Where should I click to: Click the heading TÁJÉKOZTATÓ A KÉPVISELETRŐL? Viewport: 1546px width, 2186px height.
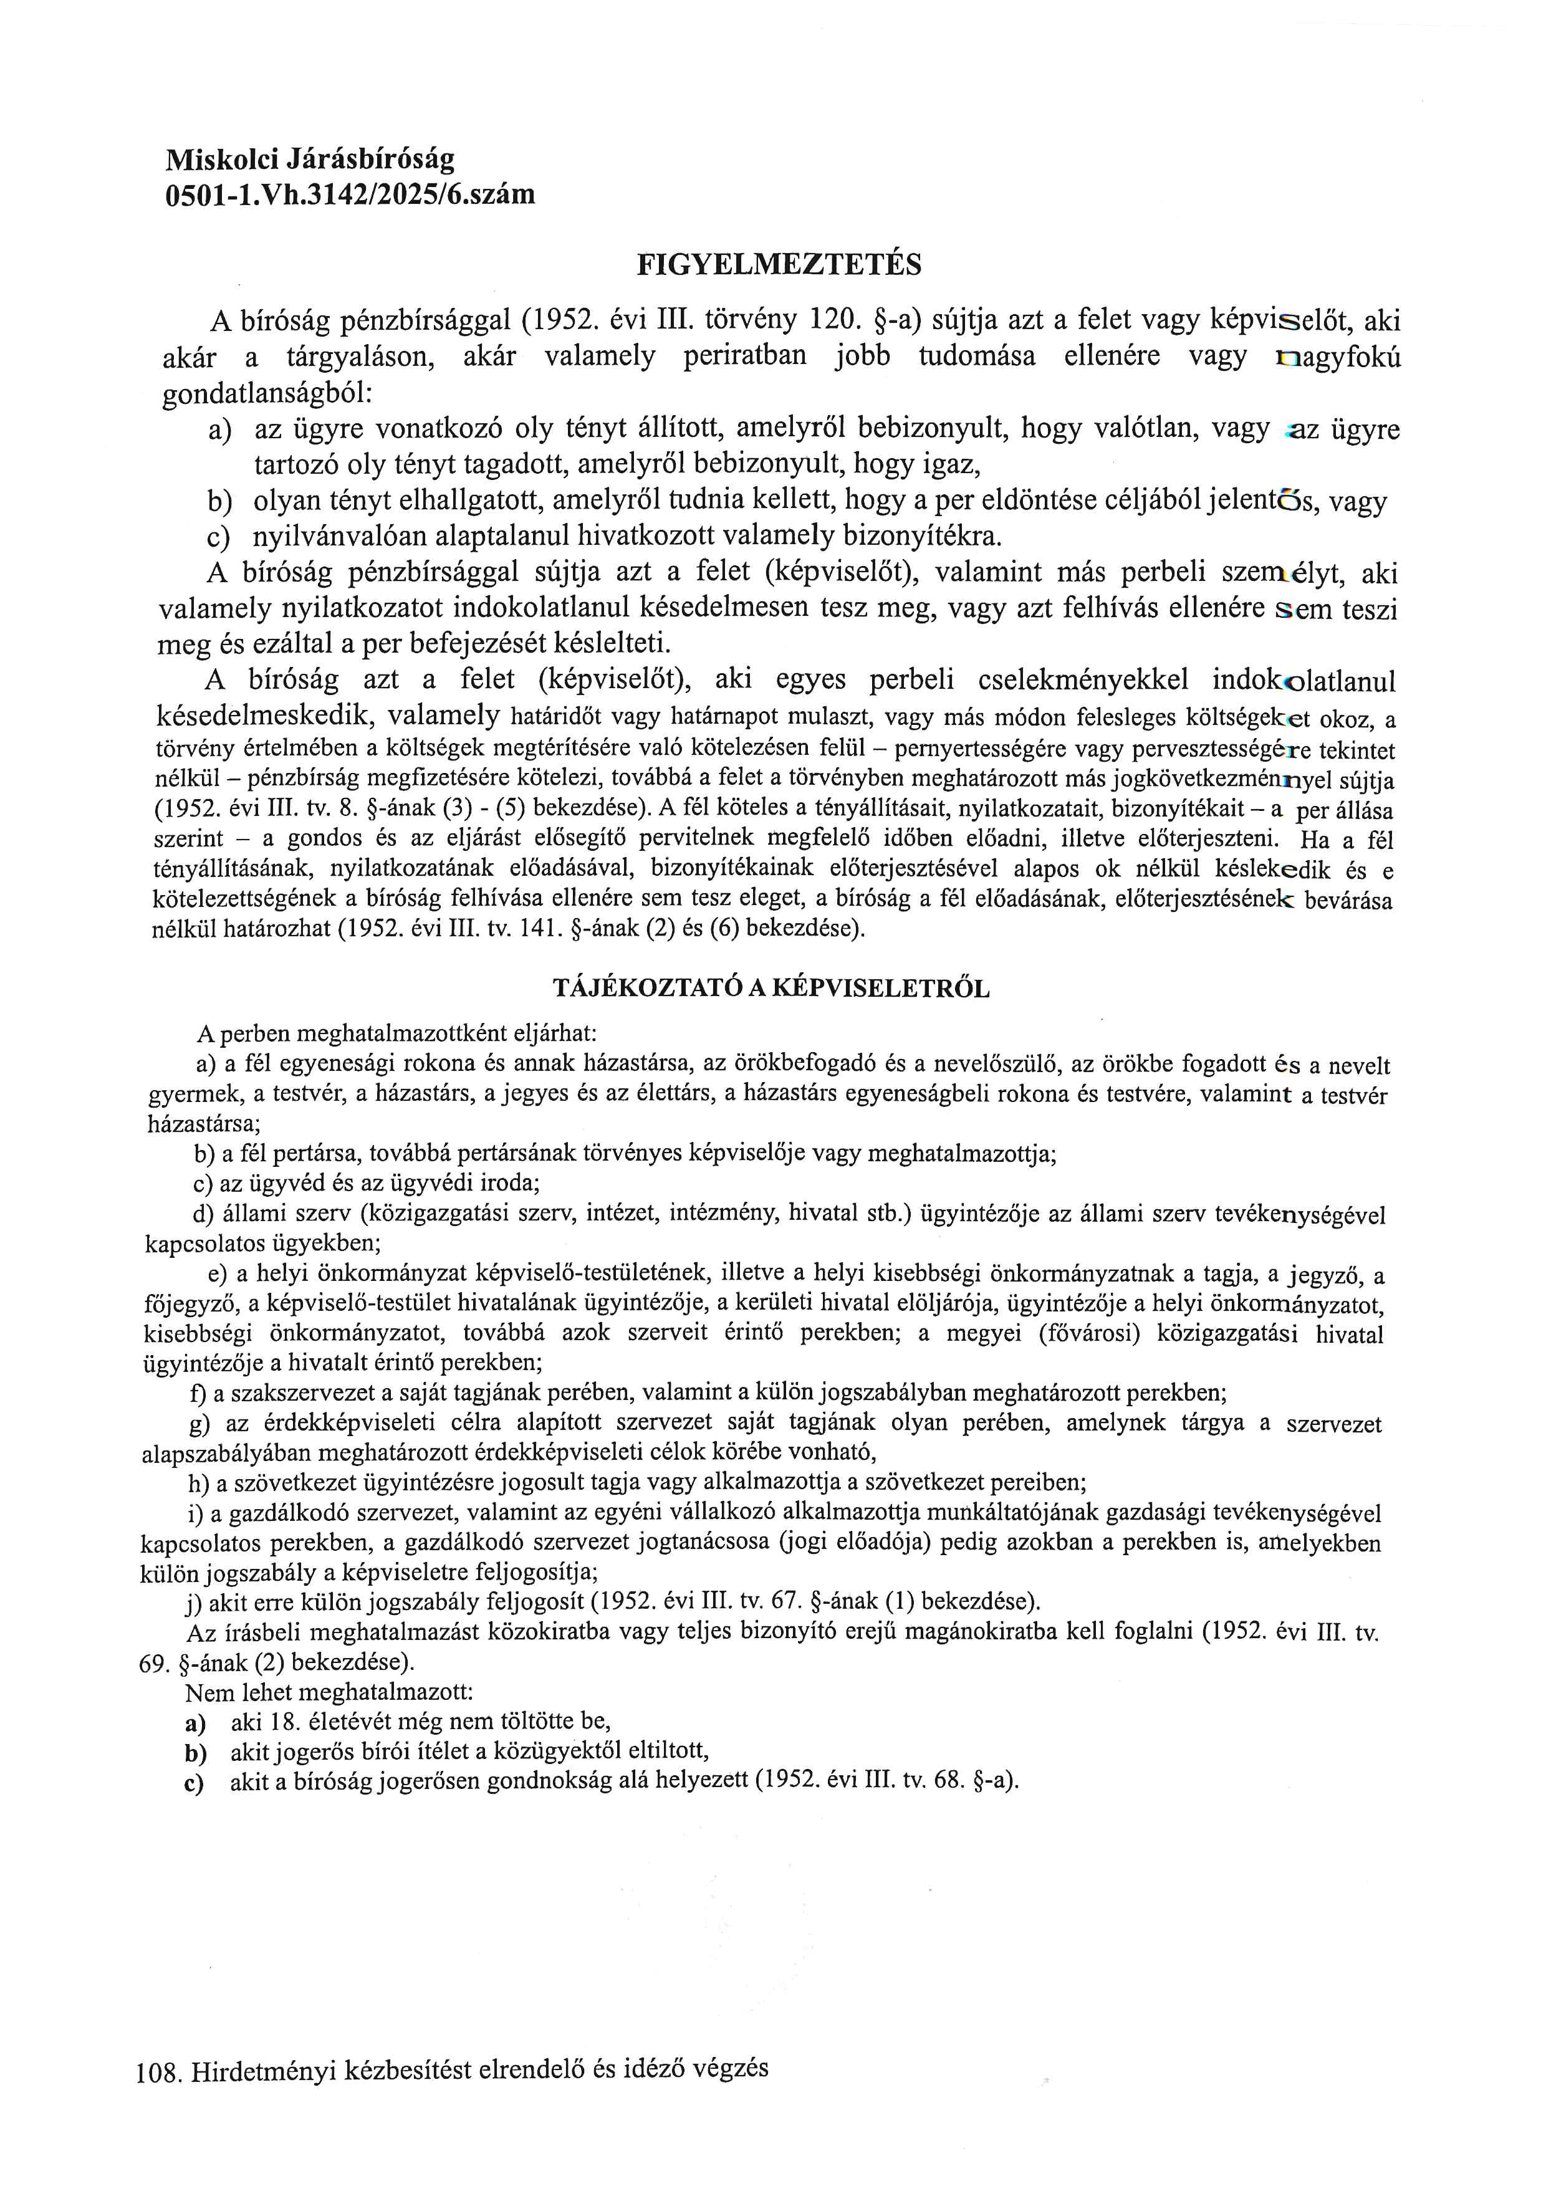click(771, 988)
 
